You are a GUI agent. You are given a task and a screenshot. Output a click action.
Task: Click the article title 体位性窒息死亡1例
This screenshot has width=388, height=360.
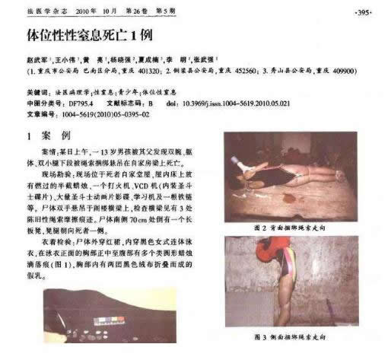tap(92, 37)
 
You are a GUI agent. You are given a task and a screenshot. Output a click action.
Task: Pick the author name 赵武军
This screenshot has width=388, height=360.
tap(37, 59)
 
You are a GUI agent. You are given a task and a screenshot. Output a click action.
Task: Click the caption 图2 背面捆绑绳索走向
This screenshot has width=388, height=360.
tap(292, 227)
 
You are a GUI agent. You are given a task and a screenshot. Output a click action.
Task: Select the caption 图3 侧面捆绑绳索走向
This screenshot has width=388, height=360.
tap(292, 336)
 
